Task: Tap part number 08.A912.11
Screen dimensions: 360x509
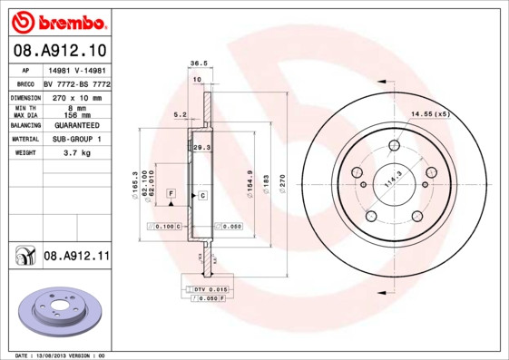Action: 75,257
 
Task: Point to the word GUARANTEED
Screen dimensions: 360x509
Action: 73,124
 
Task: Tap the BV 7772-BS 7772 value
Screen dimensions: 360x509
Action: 76,83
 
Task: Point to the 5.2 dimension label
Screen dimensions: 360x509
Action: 180,115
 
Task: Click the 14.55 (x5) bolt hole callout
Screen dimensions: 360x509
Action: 430,114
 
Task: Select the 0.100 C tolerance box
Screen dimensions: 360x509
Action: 168,225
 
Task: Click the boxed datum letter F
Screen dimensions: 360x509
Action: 170,195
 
